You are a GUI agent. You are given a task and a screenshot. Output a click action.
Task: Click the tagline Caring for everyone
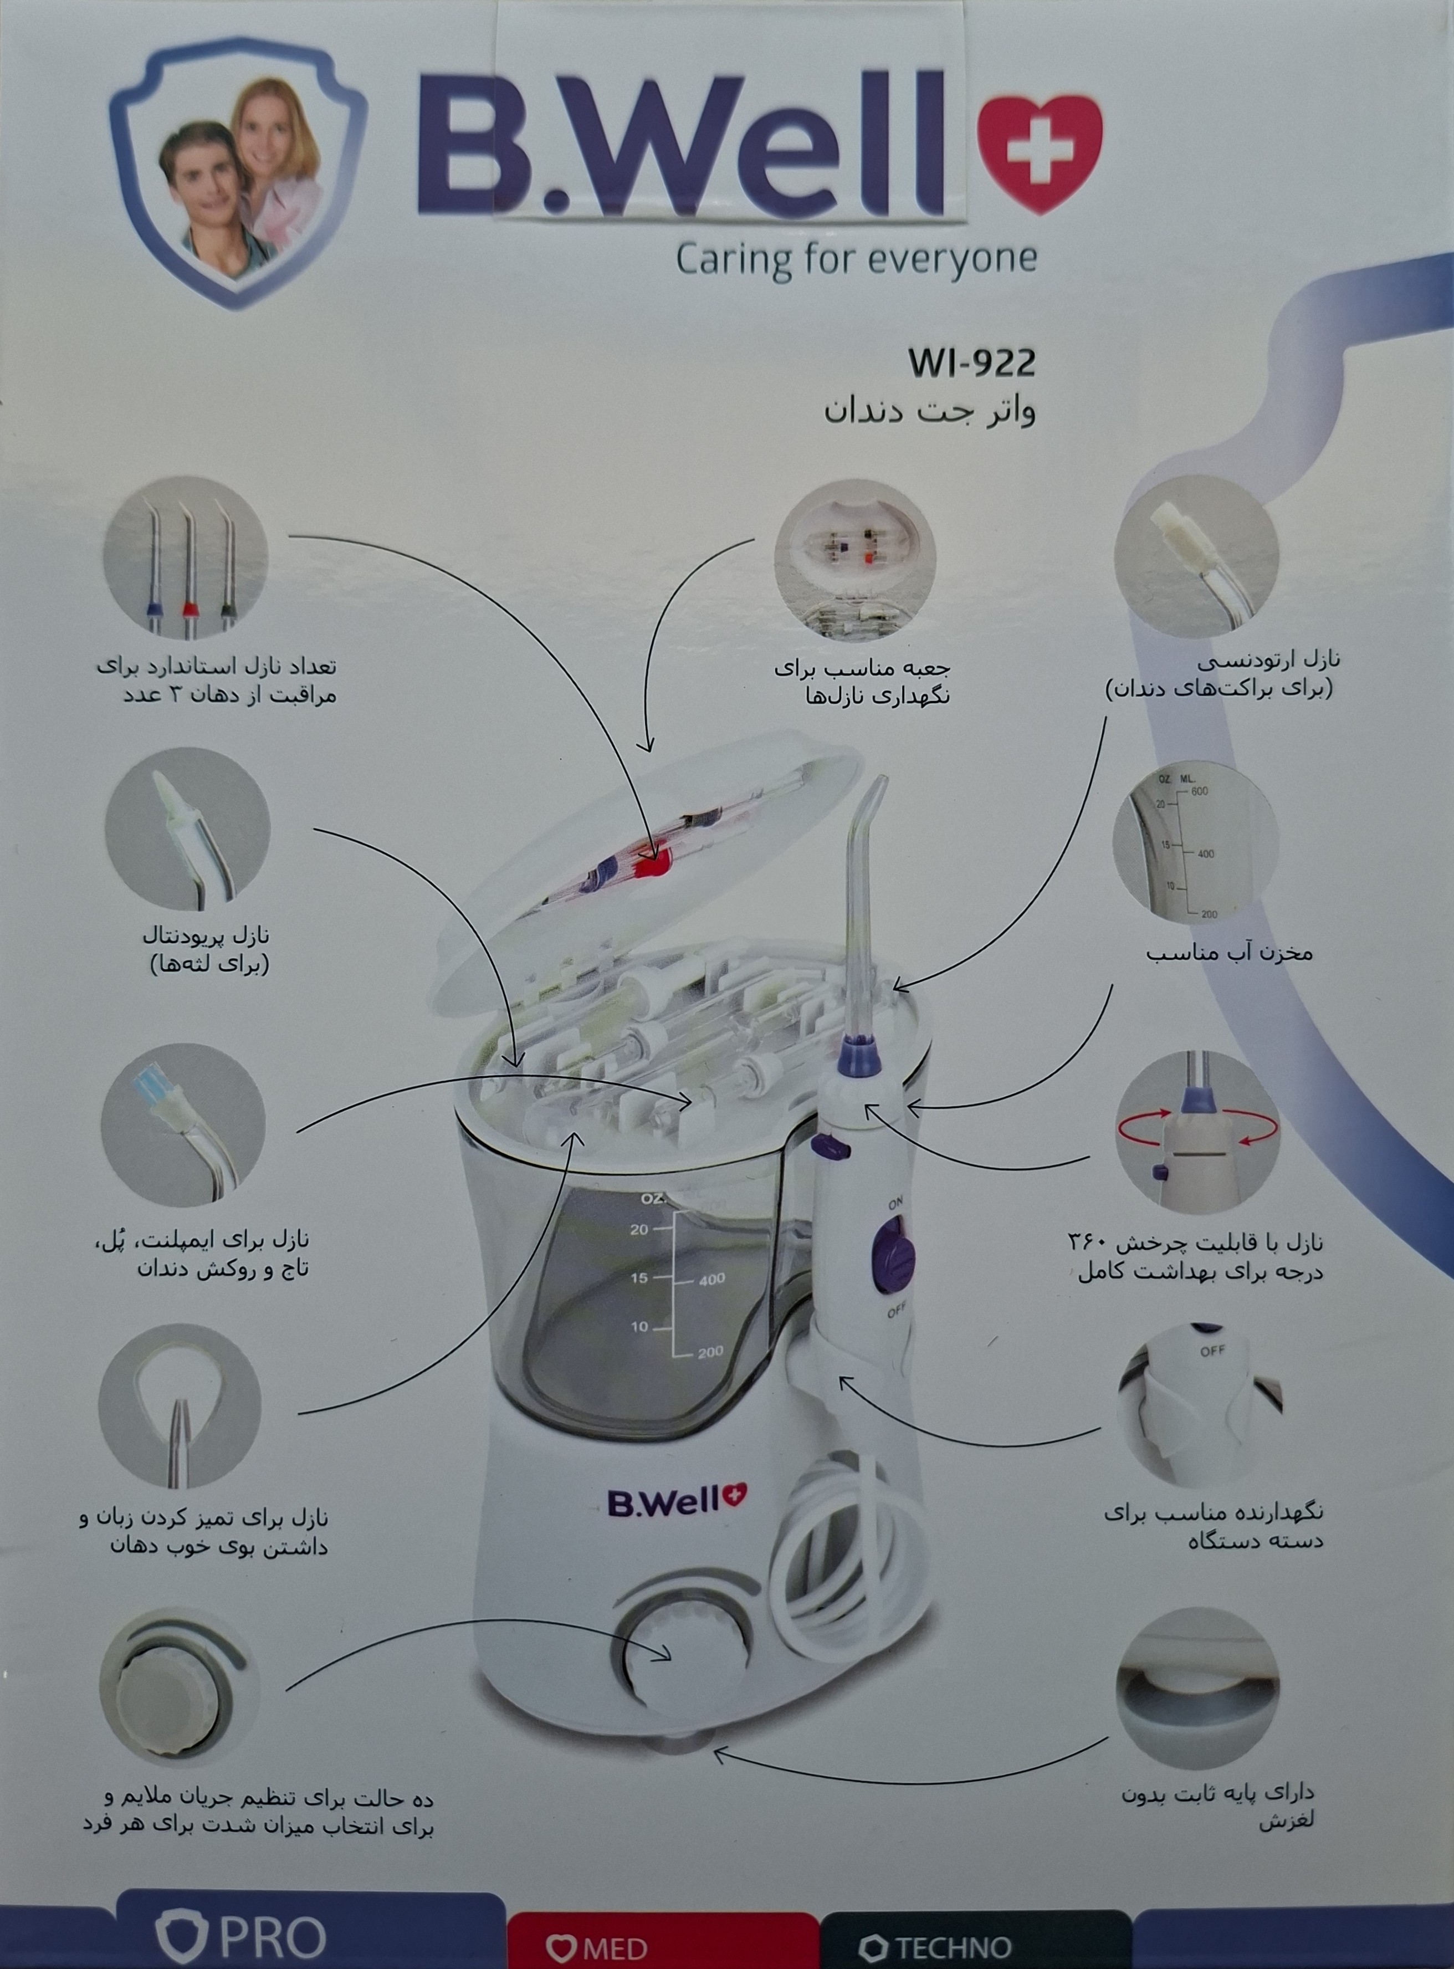point(856,260)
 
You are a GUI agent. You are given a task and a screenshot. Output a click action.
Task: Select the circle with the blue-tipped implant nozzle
point(183,1126)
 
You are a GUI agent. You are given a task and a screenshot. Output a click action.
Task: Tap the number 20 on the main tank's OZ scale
point(639,1230)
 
